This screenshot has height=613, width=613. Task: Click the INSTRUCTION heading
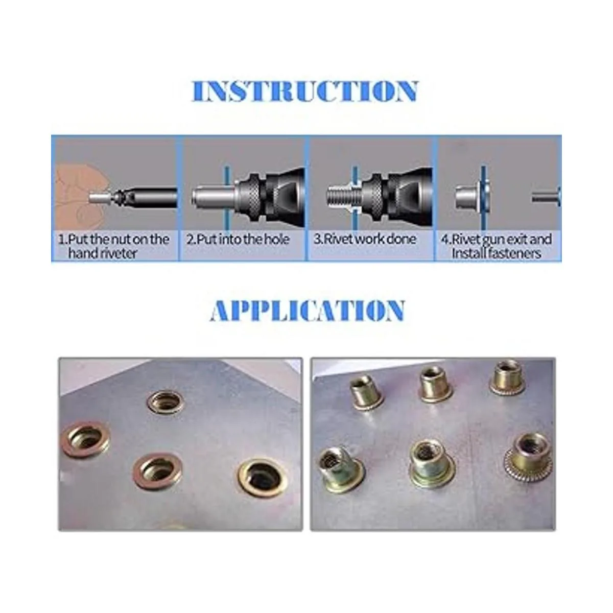pyautogui.click(x=304, y=91)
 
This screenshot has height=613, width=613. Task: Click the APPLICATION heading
pyautogui.click(x=307, y=310)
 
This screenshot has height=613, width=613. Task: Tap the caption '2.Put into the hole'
pyautogui.click(x=238, y=239)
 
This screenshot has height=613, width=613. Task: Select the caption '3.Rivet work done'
pyautogui.click(x=365, y=239)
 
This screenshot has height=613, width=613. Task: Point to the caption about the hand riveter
pyautogui.click(x=113, y=246)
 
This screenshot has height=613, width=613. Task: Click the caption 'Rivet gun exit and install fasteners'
pyautogui.click(x=496, y=246)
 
